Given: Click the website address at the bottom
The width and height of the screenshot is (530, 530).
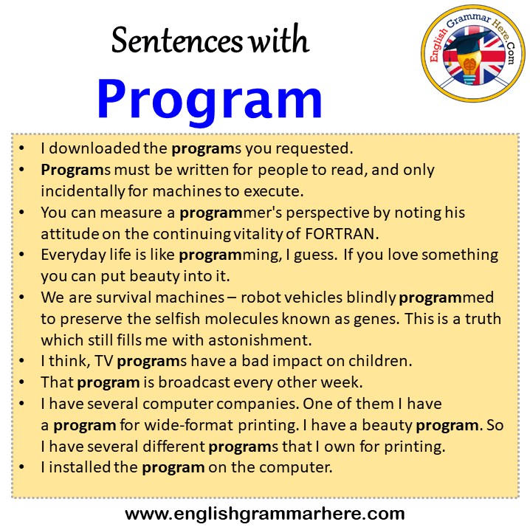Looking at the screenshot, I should [x=265, y=513].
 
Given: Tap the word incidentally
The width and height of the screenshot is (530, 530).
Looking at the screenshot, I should [x=83, y=190].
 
